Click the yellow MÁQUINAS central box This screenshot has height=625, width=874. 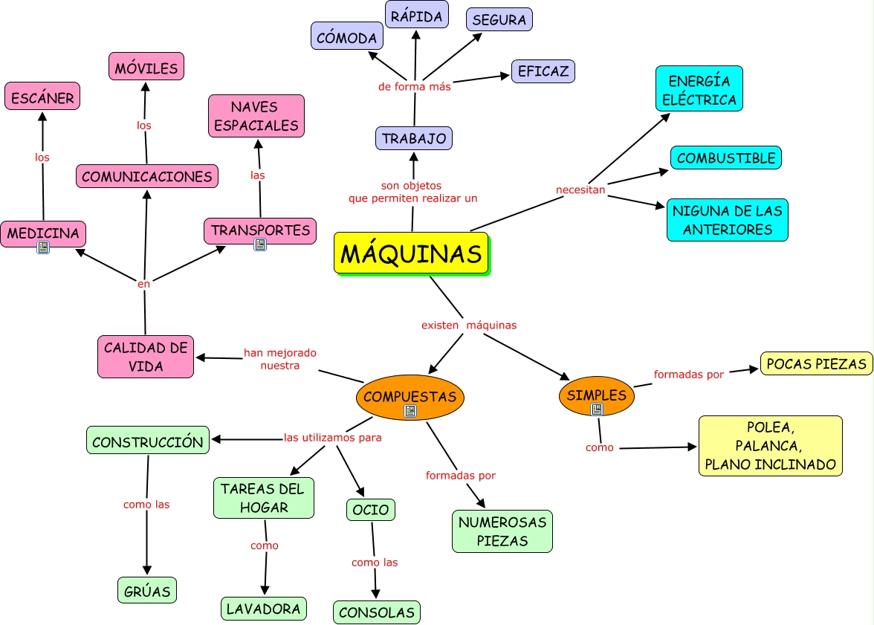coord(411,253)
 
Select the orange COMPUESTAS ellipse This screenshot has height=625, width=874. coord(410,396)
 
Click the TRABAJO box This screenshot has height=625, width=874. coord(414,138)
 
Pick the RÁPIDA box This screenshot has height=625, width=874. coord(416,16)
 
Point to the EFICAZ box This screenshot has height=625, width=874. coord(543,71)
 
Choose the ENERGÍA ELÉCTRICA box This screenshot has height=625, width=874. coord(699,89)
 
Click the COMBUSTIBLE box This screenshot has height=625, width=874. coord(725,158)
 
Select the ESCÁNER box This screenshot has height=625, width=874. coord(42,97)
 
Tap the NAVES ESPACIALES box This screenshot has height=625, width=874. coord(256,116)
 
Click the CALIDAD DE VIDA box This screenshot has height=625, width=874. coord(146,357)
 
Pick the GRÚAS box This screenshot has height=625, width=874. coord(146,591)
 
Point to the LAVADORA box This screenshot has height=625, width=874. coord(263,609)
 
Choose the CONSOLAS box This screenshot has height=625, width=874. coord(376,612)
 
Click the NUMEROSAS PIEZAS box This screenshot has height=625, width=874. coord(502,531)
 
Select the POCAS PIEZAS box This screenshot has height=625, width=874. coord(816,363)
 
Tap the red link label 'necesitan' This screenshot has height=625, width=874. coord(580,190)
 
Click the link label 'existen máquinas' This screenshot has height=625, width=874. coord(468,325)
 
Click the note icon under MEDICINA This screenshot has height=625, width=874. coord(43,247)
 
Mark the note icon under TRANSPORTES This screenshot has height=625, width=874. coord(260,244)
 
